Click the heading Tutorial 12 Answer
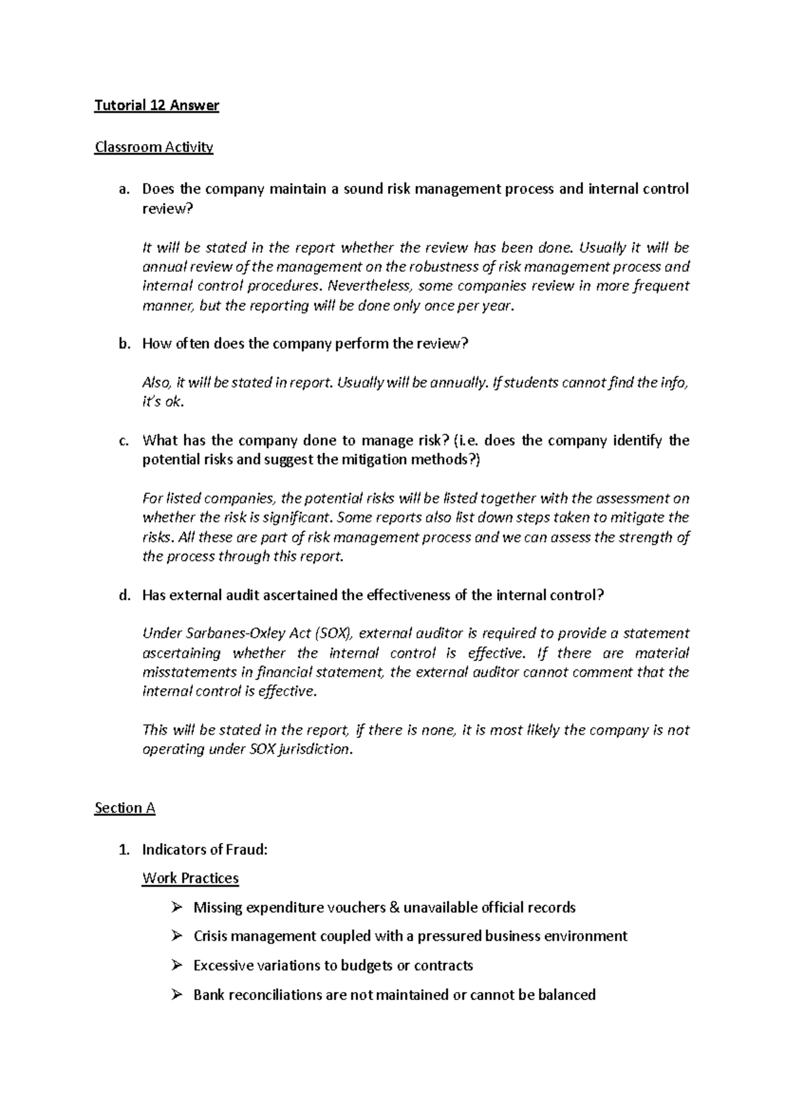click(156, 105)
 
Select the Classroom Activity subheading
click(154, 147)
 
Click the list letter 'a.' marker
click(124, 190)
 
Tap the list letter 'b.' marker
click(124, 344)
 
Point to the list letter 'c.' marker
click(124, 440)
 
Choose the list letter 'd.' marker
click(124, 596)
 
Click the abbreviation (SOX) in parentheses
click(333, 634)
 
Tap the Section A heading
click(125, 808)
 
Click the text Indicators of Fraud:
click(205, 850)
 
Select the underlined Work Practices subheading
click(190, 878)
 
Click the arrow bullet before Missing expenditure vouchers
click(175, 907)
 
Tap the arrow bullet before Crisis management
click(175, 936)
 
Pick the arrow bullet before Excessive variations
click(175, 965)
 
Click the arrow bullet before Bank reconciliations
click(175, 995)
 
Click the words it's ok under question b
click(163, 402)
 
